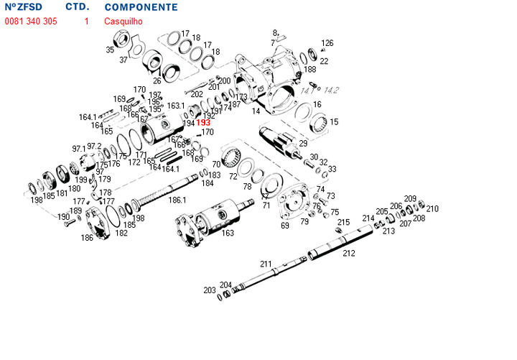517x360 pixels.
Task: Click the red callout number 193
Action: [203, 123]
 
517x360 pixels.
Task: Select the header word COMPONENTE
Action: [141, 7]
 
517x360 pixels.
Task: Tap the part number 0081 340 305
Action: [31, 22]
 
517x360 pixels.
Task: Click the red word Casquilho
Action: [124, 22]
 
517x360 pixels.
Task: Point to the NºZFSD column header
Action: [23, 7]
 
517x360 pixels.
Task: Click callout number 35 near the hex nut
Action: [110, 50]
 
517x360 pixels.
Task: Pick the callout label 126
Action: [327, 43]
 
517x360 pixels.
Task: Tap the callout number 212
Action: [349, 253]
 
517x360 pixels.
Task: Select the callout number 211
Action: [266, 264]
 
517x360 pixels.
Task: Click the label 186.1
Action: [177, 200]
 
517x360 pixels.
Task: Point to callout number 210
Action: [432, 209]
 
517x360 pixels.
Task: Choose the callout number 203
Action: [209, 290]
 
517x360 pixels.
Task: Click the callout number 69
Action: [285, 226]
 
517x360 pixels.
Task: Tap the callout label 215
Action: [344, 223]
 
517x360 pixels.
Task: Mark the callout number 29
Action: [303, 144]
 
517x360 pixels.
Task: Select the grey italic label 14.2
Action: [331, 90]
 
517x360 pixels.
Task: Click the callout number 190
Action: [63, 216]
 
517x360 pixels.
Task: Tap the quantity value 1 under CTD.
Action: [86, 22]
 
